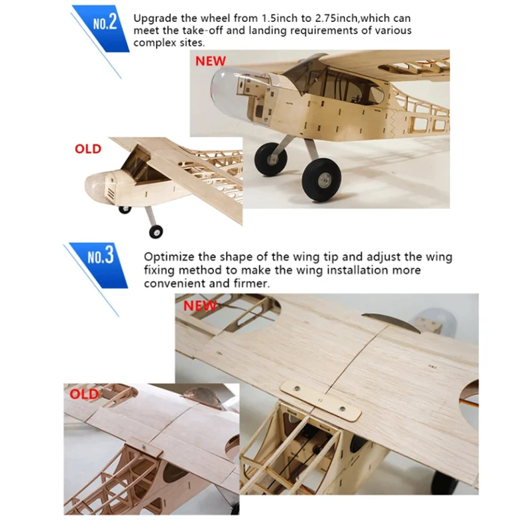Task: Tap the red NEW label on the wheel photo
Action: tap(210, 61)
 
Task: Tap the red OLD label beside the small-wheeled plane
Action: tap(88, 149)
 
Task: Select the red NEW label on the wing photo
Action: tap(199, 305)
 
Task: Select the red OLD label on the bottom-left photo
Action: tap(84, 394)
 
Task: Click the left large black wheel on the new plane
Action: tap(270, 159)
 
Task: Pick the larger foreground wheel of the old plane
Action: tap(156, 231)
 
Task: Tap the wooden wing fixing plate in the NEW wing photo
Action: tap(321, 401)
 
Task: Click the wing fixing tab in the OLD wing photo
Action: tap(146, 450)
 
